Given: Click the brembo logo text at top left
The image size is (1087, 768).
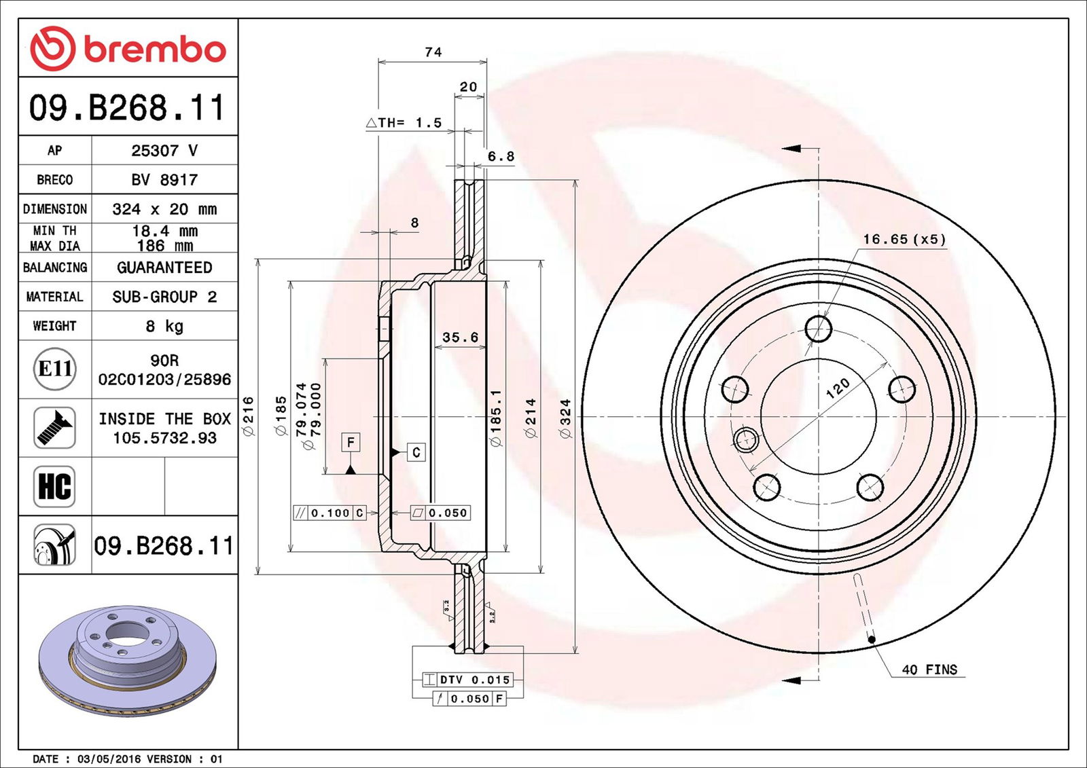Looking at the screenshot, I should (154, 50).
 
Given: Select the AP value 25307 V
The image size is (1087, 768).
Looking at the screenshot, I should (164, 150).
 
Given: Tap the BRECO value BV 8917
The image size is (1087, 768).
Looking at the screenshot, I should (164, 180).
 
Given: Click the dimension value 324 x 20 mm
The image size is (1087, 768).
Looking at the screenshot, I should (164, 209).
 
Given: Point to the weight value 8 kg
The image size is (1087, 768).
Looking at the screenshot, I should (164, 327).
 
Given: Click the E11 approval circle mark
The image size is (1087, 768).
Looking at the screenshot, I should (55, 369).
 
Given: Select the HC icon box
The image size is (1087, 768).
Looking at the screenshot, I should (54, 486).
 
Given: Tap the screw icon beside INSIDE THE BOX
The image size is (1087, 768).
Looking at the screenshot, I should (54, 427).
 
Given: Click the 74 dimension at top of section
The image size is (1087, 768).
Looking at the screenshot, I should (433, 52).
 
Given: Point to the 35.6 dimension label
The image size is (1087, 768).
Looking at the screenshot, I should (460, 337).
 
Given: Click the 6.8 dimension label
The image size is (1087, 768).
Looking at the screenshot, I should (501, 157).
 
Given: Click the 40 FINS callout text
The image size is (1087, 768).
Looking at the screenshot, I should (929, 670).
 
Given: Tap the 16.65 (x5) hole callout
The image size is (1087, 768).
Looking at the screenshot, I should (904, 239).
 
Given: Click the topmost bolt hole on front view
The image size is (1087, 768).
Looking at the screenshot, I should (818, 329).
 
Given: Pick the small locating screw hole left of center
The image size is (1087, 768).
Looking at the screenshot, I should (746, 439).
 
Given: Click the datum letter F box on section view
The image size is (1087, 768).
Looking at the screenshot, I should (351, 443).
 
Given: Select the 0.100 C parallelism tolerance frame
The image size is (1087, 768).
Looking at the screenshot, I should (329, 513).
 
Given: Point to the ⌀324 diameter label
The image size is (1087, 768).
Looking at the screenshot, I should (565, 418).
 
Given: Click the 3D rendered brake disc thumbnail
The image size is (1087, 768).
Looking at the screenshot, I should (127, 659).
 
